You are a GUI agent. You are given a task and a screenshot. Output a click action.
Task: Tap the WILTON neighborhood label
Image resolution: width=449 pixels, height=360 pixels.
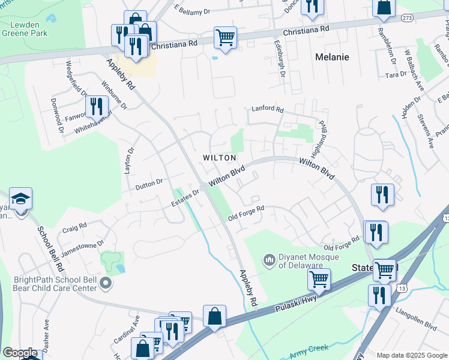tap(219, 158)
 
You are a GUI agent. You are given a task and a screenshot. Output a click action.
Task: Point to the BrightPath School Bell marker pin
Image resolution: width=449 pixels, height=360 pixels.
tap(106, 283)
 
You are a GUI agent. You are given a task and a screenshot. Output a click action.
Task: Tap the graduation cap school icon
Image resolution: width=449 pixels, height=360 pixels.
tap(20, 199)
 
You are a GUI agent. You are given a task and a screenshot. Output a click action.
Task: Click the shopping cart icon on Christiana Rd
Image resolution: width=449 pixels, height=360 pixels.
tap(225, 38)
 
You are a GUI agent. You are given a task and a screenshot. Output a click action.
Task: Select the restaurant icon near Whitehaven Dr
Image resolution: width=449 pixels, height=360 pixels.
tap(96, 106)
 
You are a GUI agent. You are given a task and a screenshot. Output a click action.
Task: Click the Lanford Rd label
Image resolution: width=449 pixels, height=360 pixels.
tap(267, 109)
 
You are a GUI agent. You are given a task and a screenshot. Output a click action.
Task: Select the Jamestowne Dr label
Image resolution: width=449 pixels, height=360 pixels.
tap(83, 248)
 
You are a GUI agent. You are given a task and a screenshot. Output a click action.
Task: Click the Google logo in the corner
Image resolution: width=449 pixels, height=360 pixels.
tap(20, 353)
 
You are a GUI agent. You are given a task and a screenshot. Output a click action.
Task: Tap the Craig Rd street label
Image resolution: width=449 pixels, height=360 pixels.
tap(74, 228)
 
